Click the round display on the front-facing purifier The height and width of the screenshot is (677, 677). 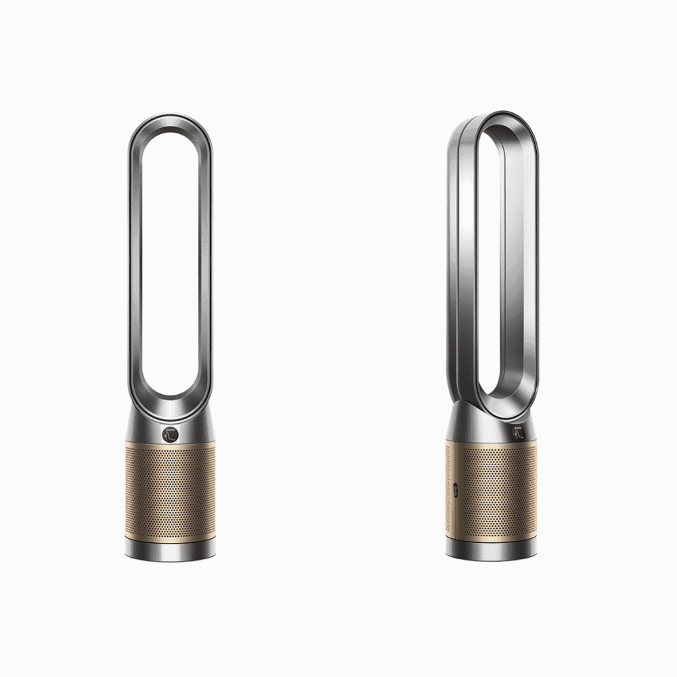tap(167, 434)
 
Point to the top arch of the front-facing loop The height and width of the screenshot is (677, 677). tap(170, 122)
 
